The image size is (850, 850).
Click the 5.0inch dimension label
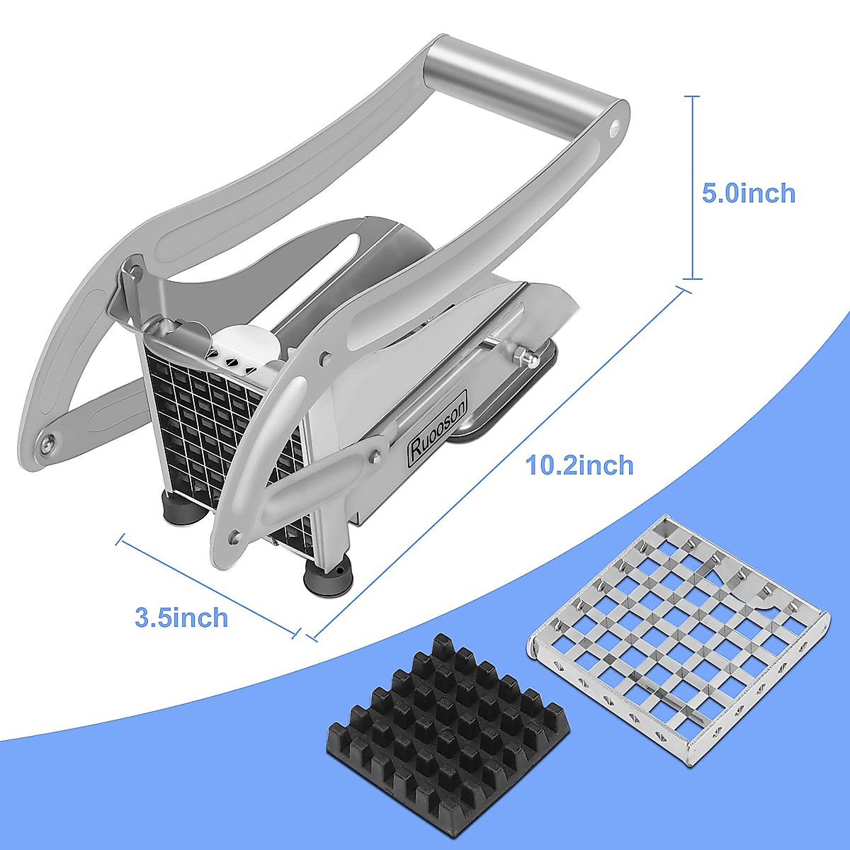(x=748, y=193)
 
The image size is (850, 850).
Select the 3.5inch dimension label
(x=181, y=617)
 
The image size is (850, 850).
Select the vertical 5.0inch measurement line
(x=692, y=188)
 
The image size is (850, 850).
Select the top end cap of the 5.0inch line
(x=692, y=96)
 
